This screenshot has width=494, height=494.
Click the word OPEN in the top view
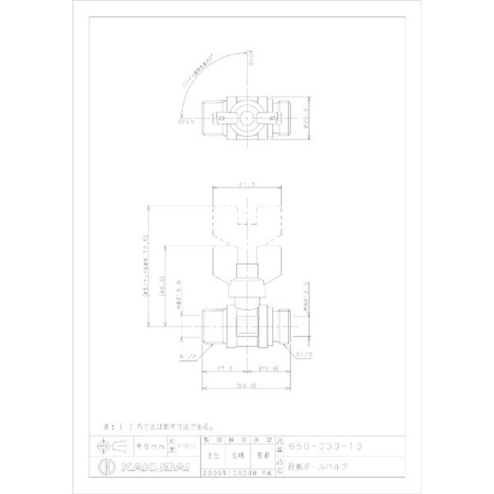tap(186, 122)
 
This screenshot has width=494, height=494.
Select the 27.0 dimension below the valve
tap(224, 368)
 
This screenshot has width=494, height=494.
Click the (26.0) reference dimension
tap(269, 368)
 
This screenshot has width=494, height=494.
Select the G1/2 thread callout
tap(304, 356)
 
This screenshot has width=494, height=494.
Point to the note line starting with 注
tap(157, 426)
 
